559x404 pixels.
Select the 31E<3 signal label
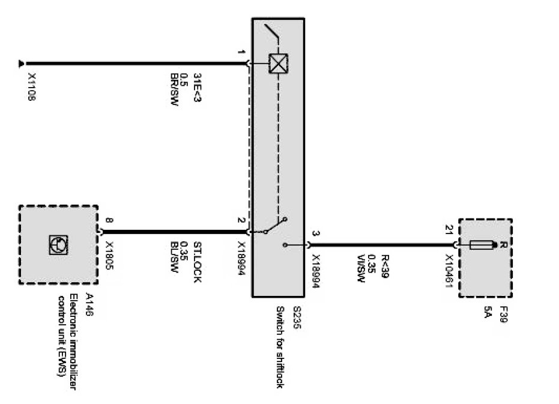point(196,87)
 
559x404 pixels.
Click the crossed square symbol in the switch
point(277,63)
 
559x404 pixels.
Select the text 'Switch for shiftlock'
point(280,347)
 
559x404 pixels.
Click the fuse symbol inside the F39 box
point(483,244)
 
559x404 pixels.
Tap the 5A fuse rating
point(487,313)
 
